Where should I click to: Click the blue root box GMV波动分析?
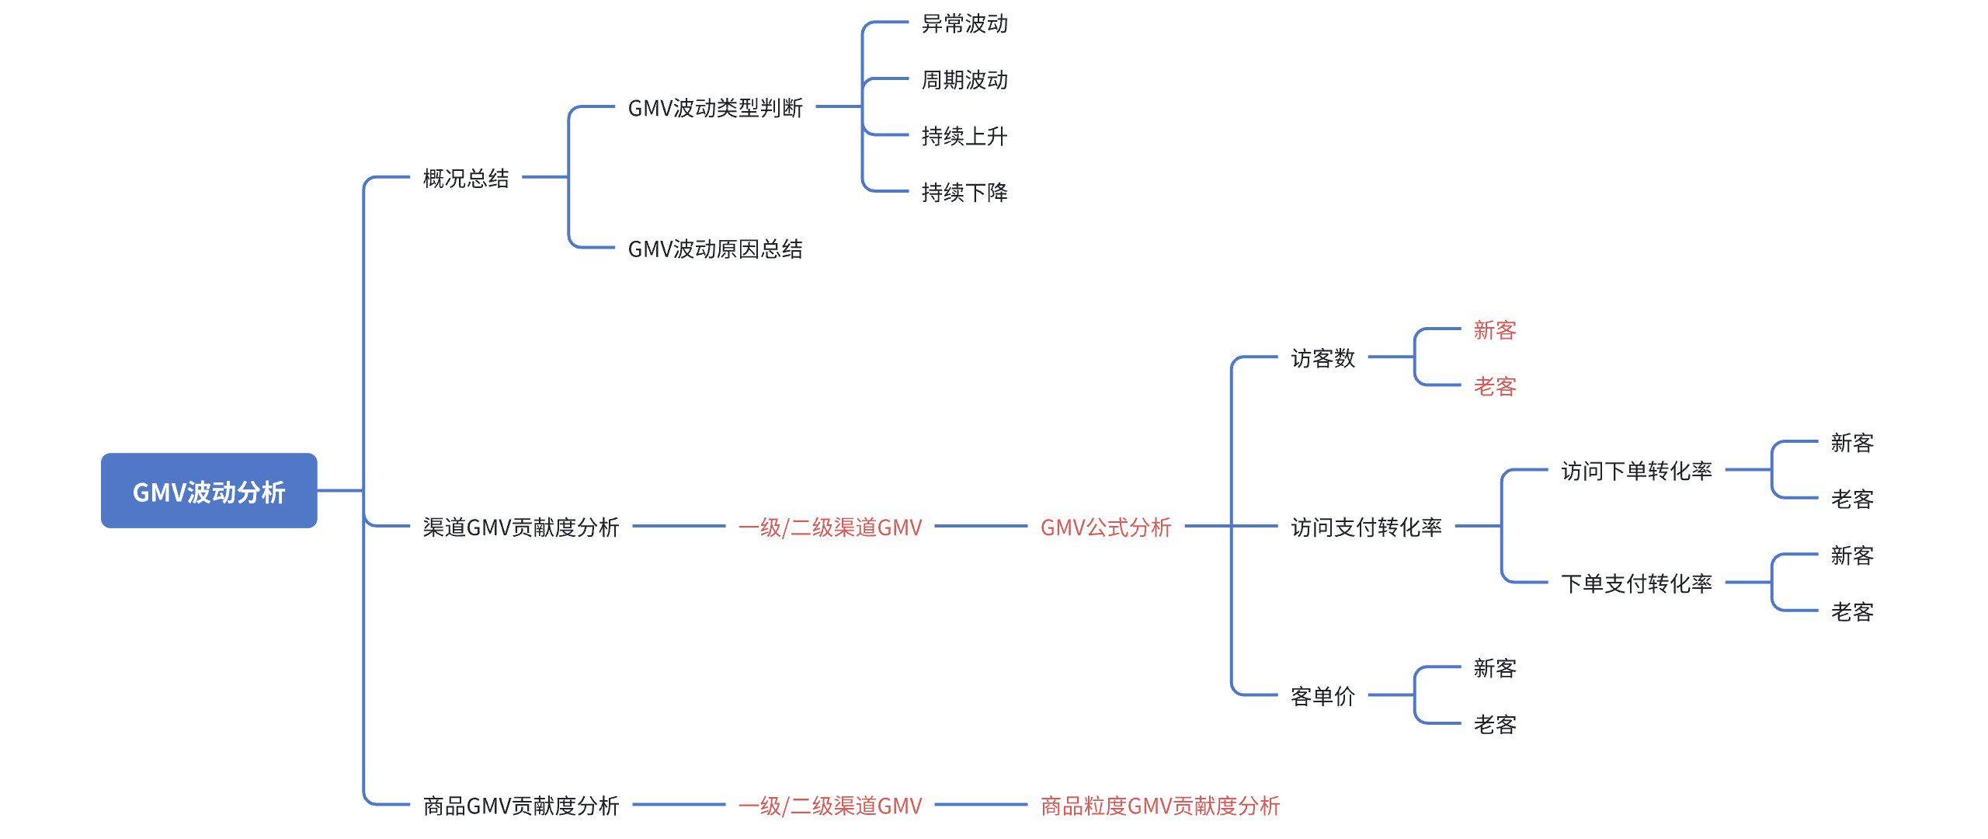coord(209,491)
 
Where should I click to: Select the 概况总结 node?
coord(466,178)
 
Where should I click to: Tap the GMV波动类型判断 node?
coord(714,107)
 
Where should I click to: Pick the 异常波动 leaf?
coord(964,24)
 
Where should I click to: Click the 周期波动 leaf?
coord(964,80)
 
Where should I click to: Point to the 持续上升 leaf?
coord(964,136)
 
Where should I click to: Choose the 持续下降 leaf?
coord(964,192)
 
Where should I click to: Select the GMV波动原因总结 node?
coord(714,249)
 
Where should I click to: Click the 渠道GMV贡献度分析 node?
coord(521,527)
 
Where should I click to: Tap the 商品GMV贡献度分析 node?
coord(521,806)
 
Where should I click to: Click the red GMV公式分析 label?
coord(1105,527)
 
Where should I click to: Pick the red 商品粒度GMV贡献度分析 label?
coord(1160,806)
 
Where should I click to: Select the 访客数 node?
coord(1322,357)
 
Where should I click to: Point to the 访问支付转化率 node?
coord(1366,527)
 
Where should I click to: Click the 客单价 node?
coord(1322,696)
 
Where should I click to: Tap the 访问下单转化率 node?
coord(1636,471)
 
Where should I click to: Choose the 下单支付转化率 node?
coord(1636,583)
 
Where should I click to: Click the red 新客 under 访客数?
coord(1495,330)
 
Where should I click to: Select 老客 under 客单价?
coord(1495,724)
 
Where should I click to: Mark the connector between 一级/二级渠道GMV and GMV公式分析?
coord(981,526)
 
